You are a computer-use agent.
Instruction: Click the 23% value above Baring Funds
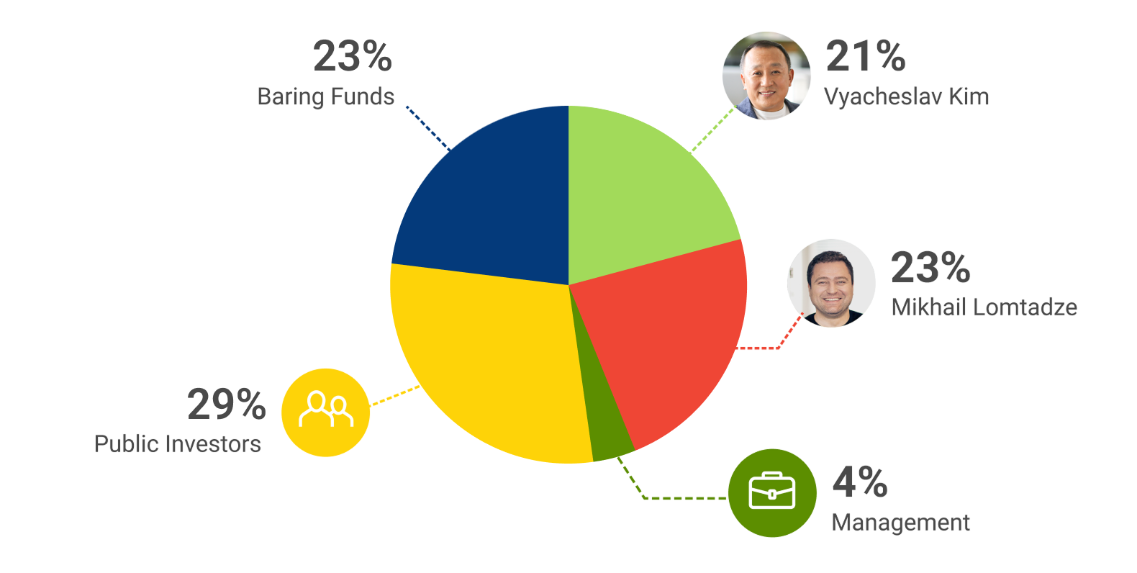click(352, 56)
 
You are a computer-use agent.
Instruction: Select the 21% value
click(865, 56)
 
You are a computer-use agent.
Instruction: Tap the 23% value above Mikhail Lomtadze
click(930, 268)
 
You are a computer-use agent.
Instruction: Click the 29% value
click(227, 405)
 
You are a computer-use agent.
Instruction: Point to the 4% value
click(860, 482)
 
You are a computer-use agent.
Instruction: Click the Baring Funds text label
click(326, 96)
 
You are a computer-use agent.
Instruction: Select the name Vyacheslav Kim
click(906, 96)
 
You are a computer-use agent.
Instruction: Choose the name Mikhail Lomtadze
click(984, 307)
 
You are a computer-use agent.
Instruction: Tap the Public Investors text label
click(178, 444)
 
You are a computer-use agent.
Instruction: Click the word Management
click(900, 522)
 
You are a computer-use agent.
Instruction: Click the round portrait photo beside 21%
click(766, 76)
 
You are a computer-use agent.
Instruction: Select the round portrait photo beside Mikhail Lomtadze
click(831, 283)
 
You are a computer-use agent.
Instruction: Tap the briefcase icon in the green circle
click(772, 493)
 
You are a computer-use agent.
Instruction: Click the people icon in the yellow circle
click(326, 410)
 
